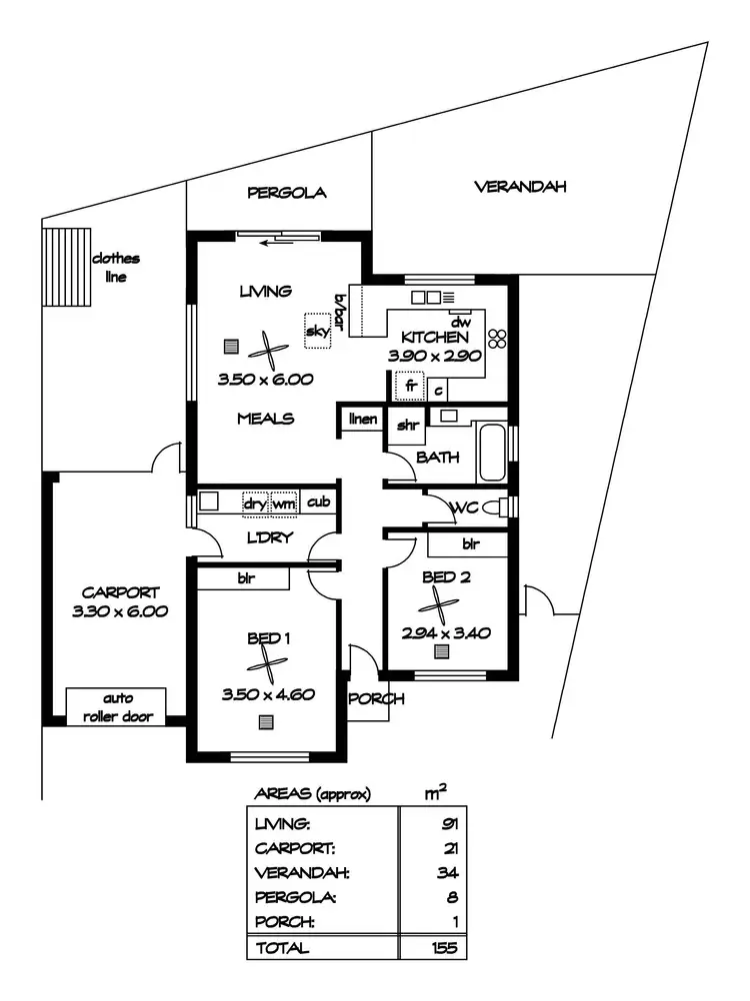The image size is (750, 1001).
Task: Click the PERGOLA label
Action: click(287, 193)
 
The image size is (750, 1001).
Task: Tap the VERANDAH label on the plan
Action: click(520, 187)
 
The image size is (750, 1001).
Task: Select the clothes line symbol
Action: click(62, 267)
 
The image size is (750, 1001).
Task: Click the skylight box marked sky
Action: click(318, 332)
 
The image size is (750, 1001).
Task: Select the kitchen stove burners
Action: click(498, 338)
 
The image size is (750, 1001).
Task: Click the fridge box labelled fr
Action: click(409, 385)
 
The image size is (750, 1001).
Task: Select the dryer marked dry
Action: click(255, 503)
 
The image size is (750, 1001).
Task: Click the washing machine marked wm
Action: click(284, 503)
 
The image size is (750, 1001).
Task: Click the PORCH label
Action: click(376, 698)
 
